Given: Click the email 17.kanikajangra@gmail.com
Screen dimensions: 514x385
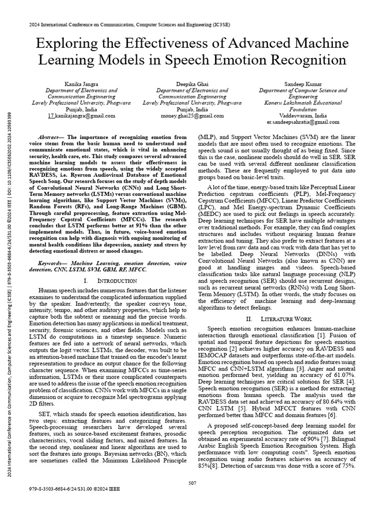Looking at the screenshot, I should click(82, 115).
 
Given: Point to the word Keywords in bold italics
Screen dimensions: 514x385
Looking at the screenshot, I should click(53, 263).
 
